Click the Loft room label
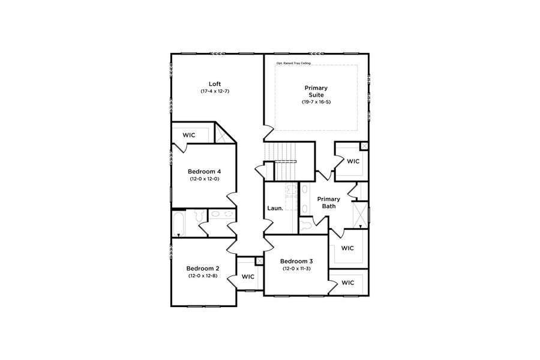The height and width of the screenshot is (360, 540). pyautogui.click(x=215, y=83)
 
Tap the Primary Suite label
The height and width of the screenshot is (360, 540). pyautogui.click(x=316, y=91)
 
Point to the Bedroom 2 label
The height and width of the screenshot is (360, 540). pyautogui.click(x=203, y=268)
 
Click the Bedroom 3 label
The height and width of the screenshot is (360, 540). pyautogui.click(x=296, y=261)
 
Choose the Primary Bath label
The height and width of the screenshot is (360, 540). pyautogui.click(x=329, y=203)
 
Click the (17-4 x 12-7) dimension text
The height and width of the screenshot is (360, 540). pyautogui.click(x=215, y=91)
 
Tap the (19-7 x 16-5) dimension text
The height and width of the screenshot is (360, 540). pyautogui.click(x=316, y=102)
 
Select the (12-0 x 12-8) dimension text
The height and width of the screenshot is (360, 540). pyautogui.click(x=203, y=275)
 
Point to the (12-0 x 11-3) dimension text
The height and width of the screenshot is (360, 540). pyautogui.click(x=296, y=268)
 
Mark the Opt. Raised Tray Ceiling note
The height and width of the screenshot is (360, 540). pyautogui.click(x=293, y=63)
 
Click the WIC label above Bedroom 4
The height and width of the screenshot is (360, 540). pyautogui.click(x=189, y=136)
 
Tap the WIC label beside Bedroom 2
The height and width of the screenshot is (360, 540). pyautogui.click(x=248, y=277)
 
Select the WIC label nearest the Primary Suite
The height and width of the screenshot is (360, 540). pyautogui.click(x=353, y=161)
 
